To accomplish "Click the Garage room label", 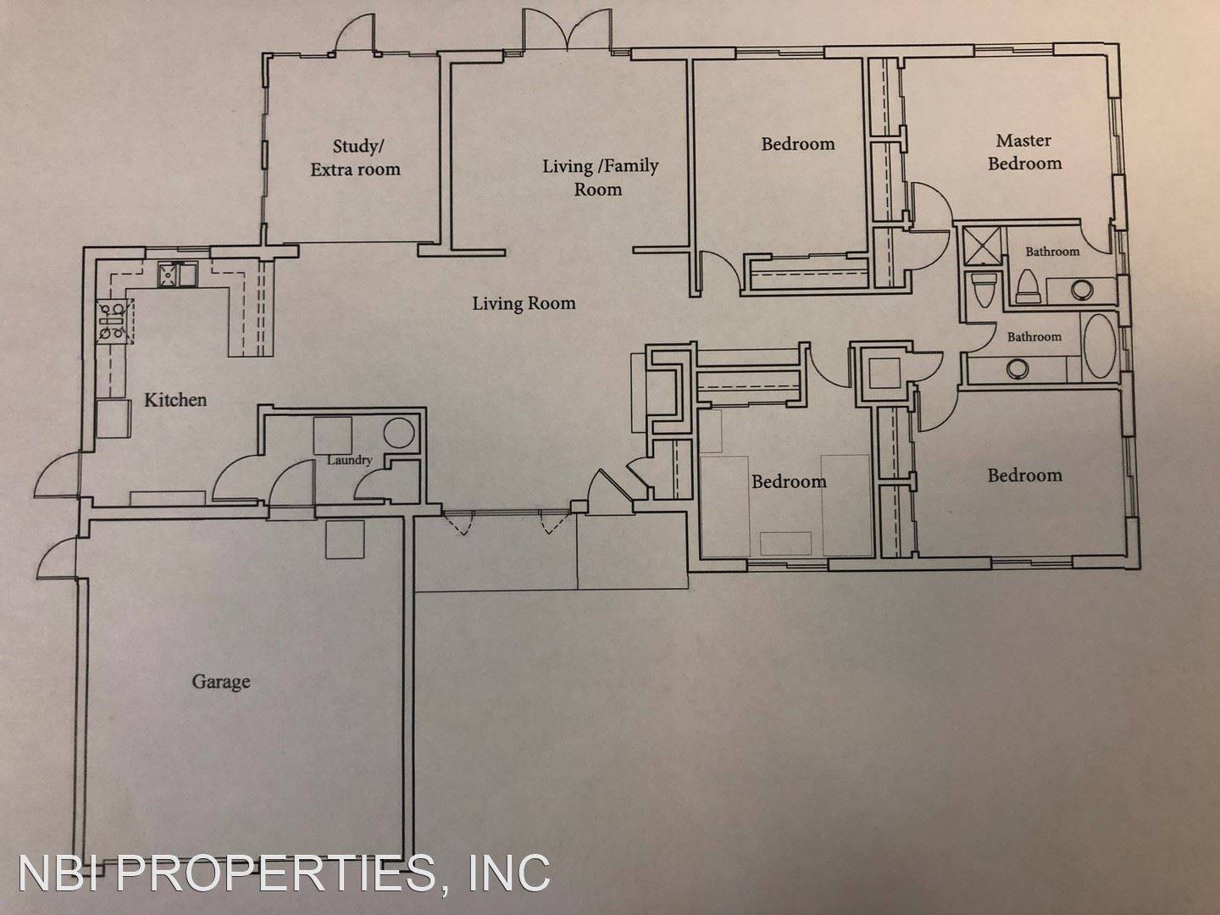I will pos(221,681).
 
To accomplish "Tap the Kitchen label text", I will pos(175,400).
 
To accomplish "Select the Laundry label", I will pos(350,460).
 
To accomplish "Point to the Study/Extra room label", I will pos(355,158).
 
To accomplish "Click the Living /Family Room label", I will pos(600,177).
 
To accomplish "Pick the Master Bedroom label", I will pos(1024,152).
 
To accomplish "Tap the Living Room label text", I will pos(524,303).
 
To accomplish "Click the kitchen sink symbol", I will pos(177,274).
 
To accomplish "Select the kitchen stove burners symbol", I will pos(111,322).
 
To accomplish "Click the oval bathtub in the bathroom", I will pos(1101,346).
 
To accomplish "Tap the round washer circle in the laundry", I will pos(398,434).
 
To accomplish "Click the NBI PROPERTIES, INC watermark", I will pos(284,872).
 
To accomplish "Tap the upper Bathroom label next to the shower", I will pos(1052,252).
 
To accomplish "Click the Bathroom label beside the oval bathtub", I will pos(1034,337).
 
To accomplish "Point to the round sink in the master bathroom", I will pos(1082,290).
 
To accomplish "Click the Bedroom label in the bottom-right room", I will pos(1024,475).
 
